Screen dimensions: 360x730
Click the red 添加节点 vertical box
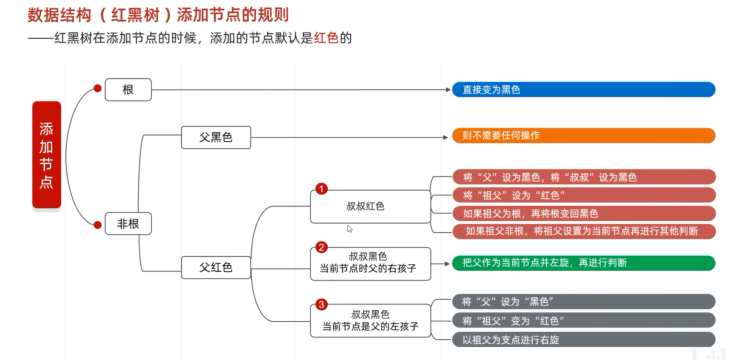click(x=47, y=155)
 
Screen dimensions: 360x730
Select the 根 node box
click(x=128, y=90)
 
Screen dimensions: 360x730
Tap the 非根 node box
click(x=128, y=224)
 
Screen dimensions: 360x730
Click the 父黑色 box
click(x=216, y=137)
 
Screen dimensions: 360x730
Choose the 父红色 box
click(x=216, y=267)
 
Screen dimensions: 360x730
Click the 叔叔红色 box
click(x=370, y=207)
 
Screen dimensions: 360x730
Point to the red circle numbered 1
click(x=321, y=189)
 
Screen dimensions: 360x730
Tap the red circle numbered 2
click(x=321, y=247)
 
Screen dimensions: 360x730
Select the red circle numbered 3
click(x=321, y=305)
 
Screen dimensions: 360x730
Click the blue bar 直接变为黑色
click(x=583, y=90)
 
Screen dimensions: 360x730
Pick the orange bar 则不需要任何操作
click(x=583, y=135)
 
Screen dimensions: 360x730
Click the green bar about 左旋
click(x=583, y=263)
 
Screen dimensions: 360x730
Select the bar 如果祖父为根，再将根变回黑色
click(x=583, y=214)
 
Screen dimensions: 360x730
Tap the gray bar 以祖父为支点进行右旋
click(x=583, y=340)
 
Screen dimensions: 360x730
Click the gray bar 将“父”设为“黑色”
click(x=583, y=302)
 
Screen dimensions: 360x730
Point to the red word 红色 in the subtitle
click(x=326, y=38)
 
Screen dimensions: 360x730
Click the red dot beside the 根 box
click(x=97, y=89)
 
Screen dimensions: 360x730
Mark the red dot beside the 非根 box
click(x=97, y=225)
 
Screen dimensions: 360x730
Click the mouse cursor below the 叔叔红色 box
click(x=349, y=228)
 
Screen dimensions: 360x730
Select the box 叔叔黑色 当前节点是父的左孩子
click(x=370, y=321)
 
